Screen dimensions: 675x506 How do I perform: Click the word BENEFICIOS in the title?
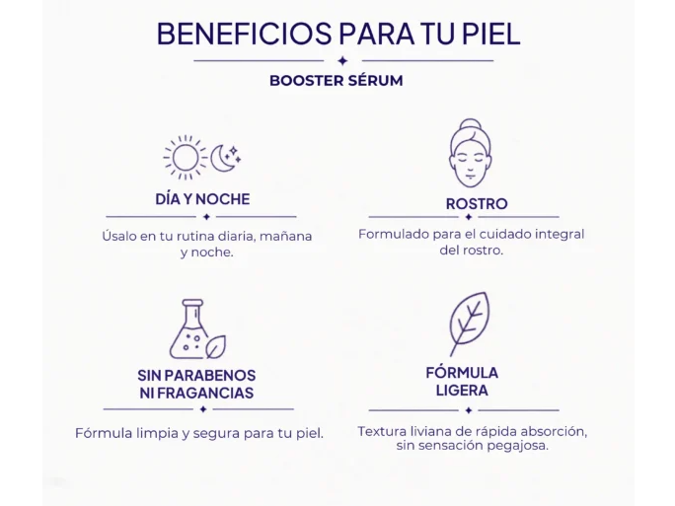tap(244, 34)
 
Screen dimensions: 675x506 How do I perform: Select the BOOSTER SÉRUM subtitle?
tap(337, 81)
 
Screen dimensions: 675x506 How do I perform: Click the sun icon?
tap(186, 158)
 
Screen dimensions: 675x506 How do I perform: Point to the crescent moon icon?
tap(222, 159)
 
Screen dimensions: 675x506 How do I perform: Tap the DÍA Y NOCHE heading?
tap(202, 199)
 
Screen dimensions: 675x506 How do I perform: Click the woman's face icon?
tap(471, 153)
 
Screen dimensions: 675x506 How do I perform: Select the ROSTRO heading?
tap(477, 204)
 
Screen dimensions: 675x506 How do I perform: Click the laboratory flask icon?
tap(189, 329)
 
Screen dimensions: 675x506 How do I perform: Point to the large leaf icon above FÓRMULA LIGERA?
tap(469, 324)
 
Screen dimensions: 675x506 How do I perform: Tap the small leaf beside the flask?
tap(216, 347)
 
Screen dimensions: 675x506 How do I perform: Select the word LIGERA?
tap(462, 391)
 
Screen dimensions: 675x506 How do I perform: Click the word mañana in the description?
tap(285, 236)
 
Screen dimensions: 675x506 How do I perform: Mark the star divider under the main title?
tap(343, 61)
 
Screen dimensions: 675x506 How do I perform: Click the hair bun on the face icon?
tap(470, 124)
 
